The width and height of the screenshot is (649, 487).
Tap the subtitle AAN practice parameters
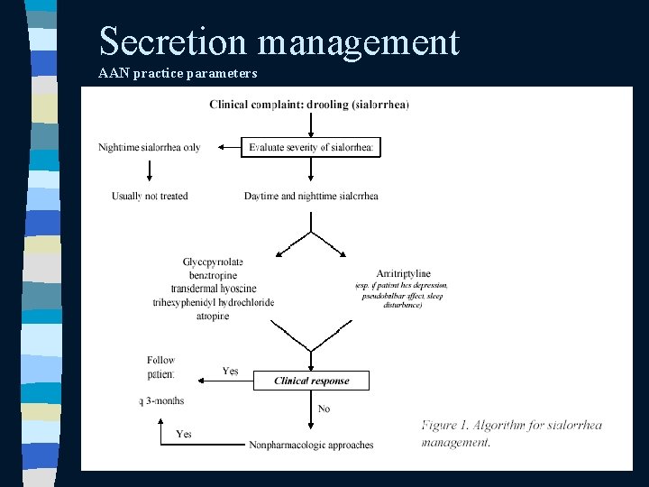pyautogui.click(x=178, y=73)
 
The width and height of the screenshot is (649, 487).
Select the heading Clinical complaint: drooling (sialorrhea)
pyautogui.click(x=309, y=105)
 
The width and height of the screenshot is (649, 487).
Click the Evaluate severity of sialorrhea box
pyautogui.click(x=311, y=147)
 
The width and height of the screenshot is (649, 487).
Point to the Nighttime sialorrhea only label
pyautogui.click(x=150, y=147)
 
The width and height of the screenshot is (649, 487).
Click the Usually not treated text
pyautogui.click(x=150, y=196)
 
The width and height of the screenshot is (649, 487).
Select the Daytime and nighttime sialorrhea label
pyautogui.click(x=311, y=196)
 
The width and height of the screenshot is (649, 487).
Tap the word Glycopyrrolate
pyautogui.click(x=213, y=262)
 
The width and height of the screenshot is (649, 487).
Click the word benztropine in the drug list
pyautogui.click(x=213, y=275)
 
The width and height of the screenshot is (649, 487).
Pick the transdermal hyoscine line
pyautogui.click(x=213, y=289)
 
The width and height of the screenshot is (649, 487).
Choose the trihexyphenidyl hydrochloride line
pyautogui.click(x=213, y=302)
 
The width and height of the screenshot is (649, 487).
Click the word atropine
pyautogui.click(x=213, y=316)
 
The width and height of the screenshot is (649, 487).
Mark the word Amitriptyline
pyautogui.click(x=403, y=274)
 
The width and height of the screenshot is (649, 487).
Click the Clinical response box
pyautogui.click(x=311, y=381)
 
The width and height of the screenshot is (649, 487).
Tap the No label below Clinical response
pyautogui.click(x=324, y=409)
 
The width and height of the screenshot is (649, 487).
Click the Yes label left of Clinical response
pyautogui.click(x=231, y=371)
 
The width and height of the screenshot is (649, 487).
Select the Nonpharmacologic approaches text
pyautogui.click(x=311, y=445)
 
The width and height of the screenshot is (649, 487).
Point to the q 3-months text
pyautogui.click(x=162, y=400)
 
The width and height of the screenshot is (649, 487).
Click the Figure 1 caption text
pyautogui.click(x=511, y=433)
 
